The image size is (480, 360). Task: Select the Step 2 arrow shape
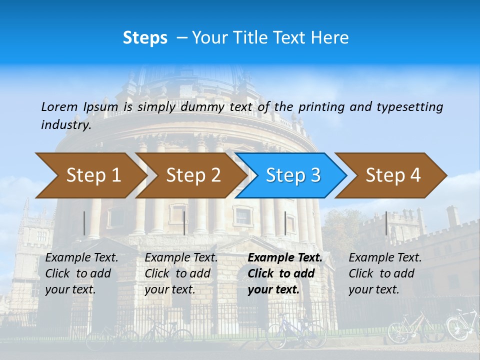point(193,175)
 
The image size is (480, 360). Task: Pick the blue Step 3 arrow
point(293,175)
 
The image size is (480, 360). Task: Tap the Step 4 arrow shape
point(393,175)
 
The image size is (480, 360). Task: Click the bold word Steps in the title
point(145,38)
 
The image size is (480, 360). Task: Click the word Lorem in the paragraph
point(59,106)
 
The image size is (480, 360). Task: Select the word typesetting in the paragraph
point(409,106)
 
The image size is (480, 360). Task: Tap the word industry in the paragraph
point(65,125)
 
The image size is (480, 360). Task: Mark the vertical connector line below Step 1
point(84,223)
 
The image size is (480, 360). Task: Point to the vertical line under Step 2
point(184,223)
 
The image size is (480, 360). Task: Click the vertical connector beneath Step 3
point(285,223)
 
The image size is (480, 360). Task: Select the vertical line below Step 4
point(386,223)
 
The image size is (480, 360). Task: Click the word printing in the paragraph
point(318,106)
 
